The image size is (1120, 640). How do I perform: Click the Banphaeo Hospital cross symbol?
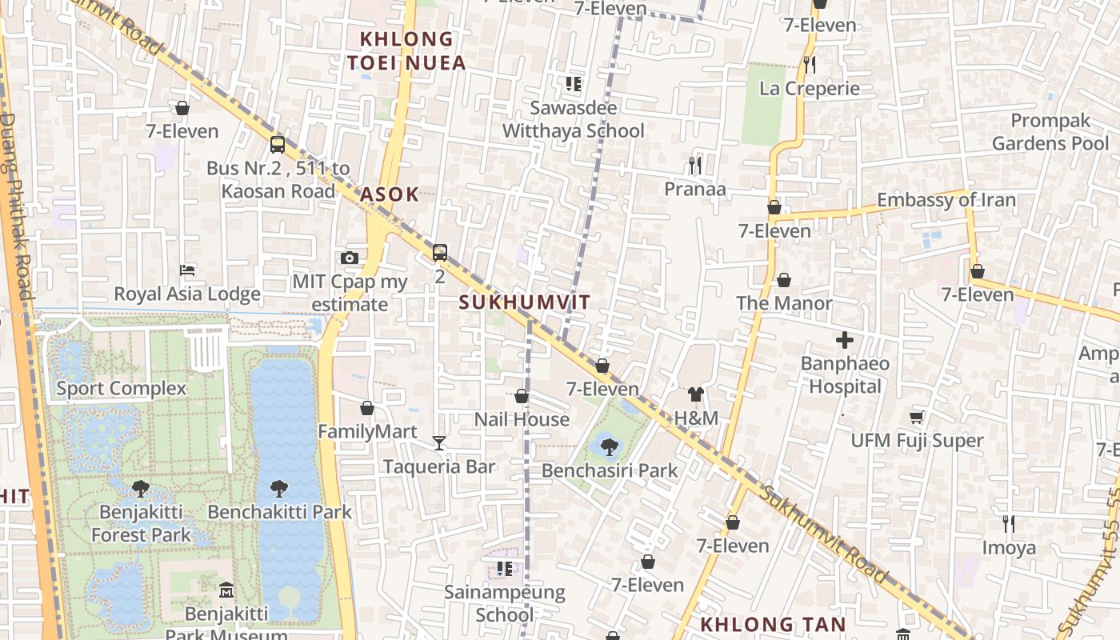pyautogui.click(x=845, y=341)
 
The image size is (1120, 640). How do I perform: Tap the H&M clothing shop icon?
pyautogui.click(x=696, y=394)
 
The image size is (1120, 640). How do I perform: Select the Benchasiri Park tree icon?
pyautogui.click(x=609, y=446)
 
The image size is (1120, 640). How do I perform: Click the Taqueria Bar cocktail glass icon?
pyautogui.click(x=438, y=442)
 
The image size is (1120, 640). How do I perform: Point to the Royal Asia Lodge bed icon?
pyautogui.click(x=187, y=270)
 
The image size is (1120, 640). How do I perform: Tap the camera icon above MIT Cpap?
pyautogui.click(x=349, y=258)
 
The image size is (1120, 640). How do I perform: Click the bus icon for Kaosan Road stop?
pyautogui.click(x=278, y=145)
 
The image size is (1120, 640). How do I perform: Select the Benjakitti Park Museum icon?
pyautogui.click(x=226, y=590)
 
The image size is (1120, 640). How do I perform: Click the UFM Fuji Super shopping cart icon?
pyautogui.click(x=917, y=417)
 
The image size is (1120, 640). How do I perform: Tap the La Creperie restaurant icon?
pyautogui.click(x=810, y=64)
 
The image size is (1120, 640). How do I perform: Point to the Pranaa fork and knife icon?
pyautogui.click(x=695, y=166)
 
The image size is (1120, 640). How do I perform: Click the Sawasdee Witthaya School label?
pyautogui.click(x=574, y=119)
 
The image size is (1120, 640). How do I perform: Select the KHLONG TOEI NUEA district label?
pyautogui.click(x=406, y=50)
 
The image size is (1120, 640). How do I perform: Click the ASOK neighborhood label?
pyautogui.click(x=390, y=194)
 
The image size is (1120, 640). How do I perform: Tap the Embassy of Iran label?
pyautogui.click(x=946, y=200)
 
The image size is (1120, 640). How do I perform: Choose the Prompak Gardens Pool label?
pyautogui.click(x=1050, y=132)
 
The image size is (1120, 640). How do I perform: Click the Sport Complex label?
pyautogui.click(x=121, y=389)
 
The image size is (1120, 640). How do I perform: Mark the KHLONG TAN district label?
pyautogui.click(x=773, y=625)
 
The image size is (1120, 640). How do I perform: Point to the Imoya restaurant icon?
pyautogui.click(x=1009, y=524)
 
